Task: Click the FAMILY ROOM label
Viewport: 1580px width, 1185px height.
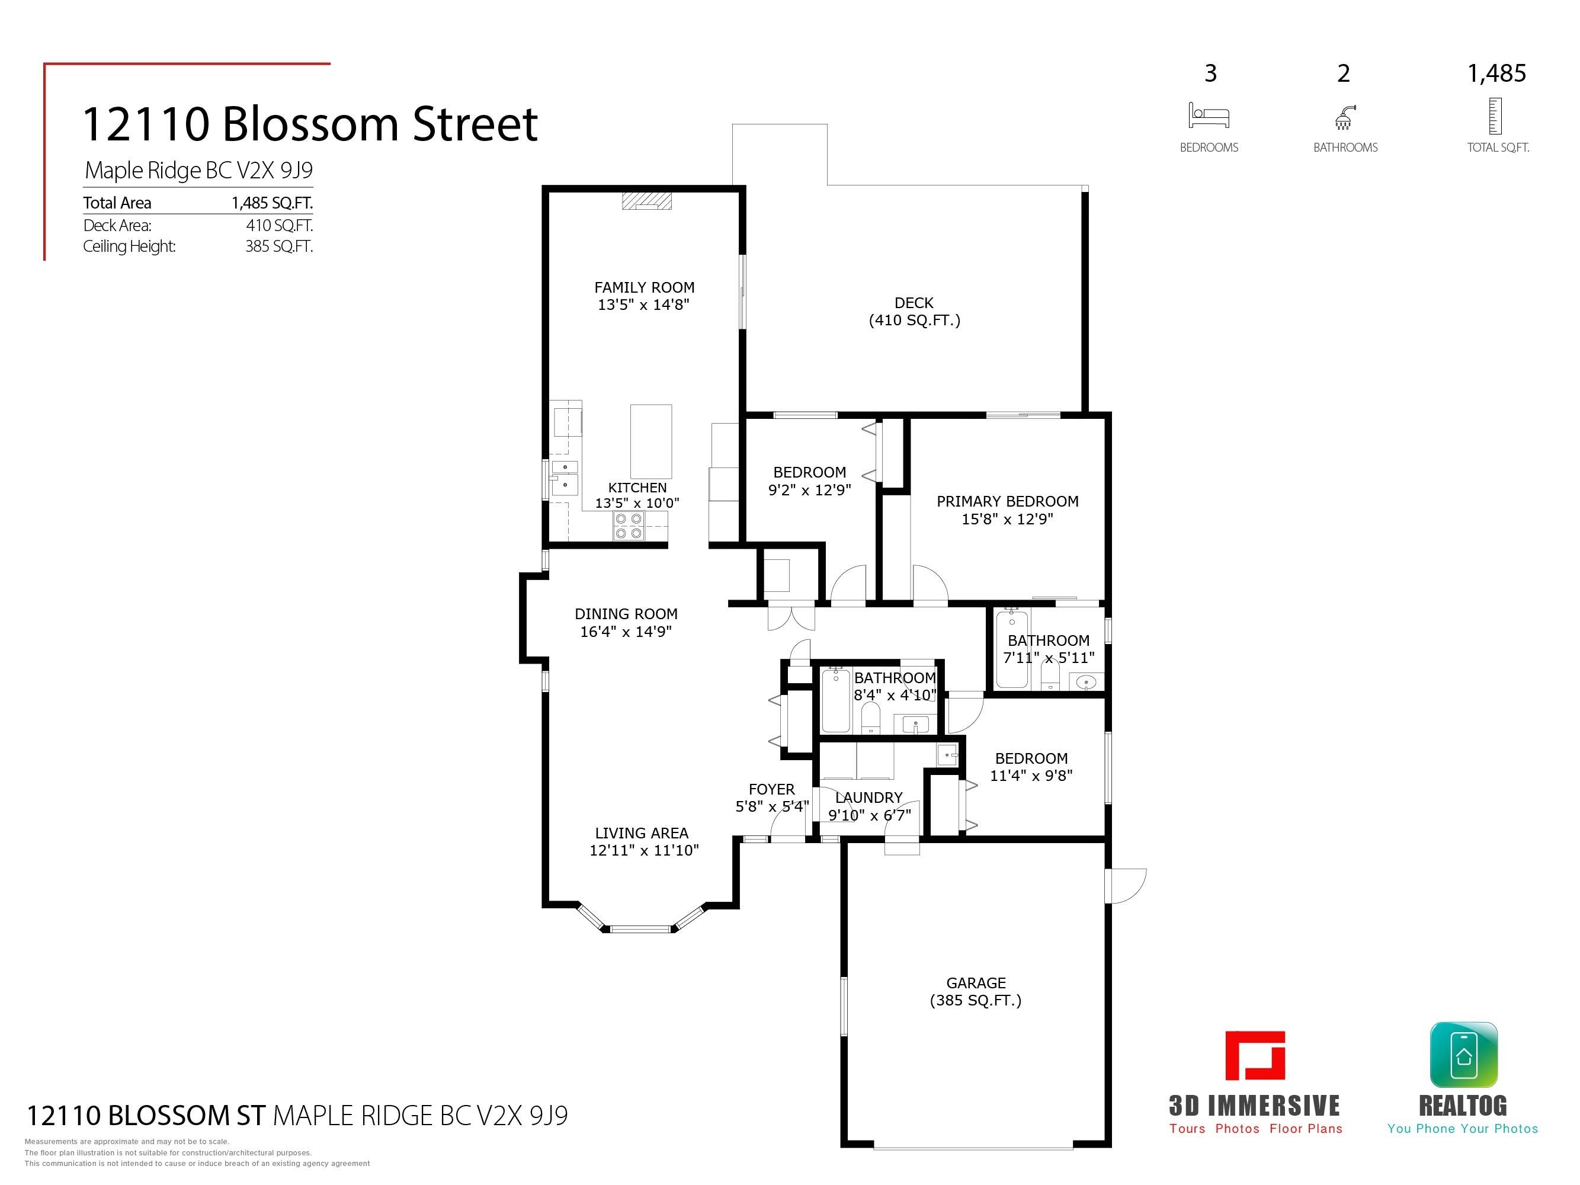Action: pyautogui.click(x=645, y=287)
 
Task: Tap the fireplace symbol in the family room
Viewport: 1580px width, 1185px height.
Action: pyautogui.click(x=646, y=201)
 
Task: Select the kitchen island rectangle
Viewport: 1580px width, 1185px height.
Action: pyautogui.click(x=650, y=441)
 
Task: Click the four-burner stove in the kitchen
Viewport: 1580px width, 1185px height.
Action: pyautogui.click(x=629, y=526)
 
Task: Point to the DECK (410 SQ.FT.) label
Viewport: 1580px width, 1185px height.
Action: pyautogui.click(x=914, y=312)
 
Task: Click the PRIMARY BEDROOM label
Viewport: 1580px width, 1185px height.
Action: pyautogui.click(x=1007, y=501)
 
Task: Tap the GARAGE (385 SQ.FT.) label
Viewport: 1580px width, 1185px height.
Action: pyautogui.click(x=976, y=991)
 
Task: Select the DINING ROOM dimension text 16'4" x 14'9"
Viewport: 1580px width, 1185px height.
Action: pyautogui.click(x=626, y=632)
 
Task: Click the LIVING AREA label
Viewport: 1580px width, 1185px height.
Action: pyautogui.click(x=642, y=833)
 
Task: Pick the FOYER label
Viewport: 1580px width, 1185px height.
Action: pyautogui.click(x=771, y=789)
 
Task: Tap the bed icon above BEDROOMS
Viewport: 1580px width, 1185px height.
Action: pyautogui.click(x=1209, y=115)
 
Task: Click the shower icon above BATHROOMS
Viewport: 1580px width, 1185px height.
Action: pyautogui.click(x=1344, y=117)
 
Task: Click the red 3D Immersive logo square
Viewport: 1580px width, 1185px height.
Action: pyautogui.click(x=1255, y=1055)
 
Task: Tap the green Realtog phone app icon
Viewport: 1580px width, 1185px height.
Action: pyautogui.click(x=1463, y=1055)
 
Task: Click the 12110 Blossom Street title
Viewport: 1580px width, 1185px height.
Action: pyautogui.click(x=310, y=124)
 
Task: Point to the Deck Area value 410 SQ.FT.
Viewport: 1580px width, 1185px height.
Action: pyautogui.click(x=279, y=225)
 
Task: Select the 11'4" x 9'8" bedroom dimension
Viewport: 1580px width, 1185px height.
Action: pyautogui.click(x=1031, y=775)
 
